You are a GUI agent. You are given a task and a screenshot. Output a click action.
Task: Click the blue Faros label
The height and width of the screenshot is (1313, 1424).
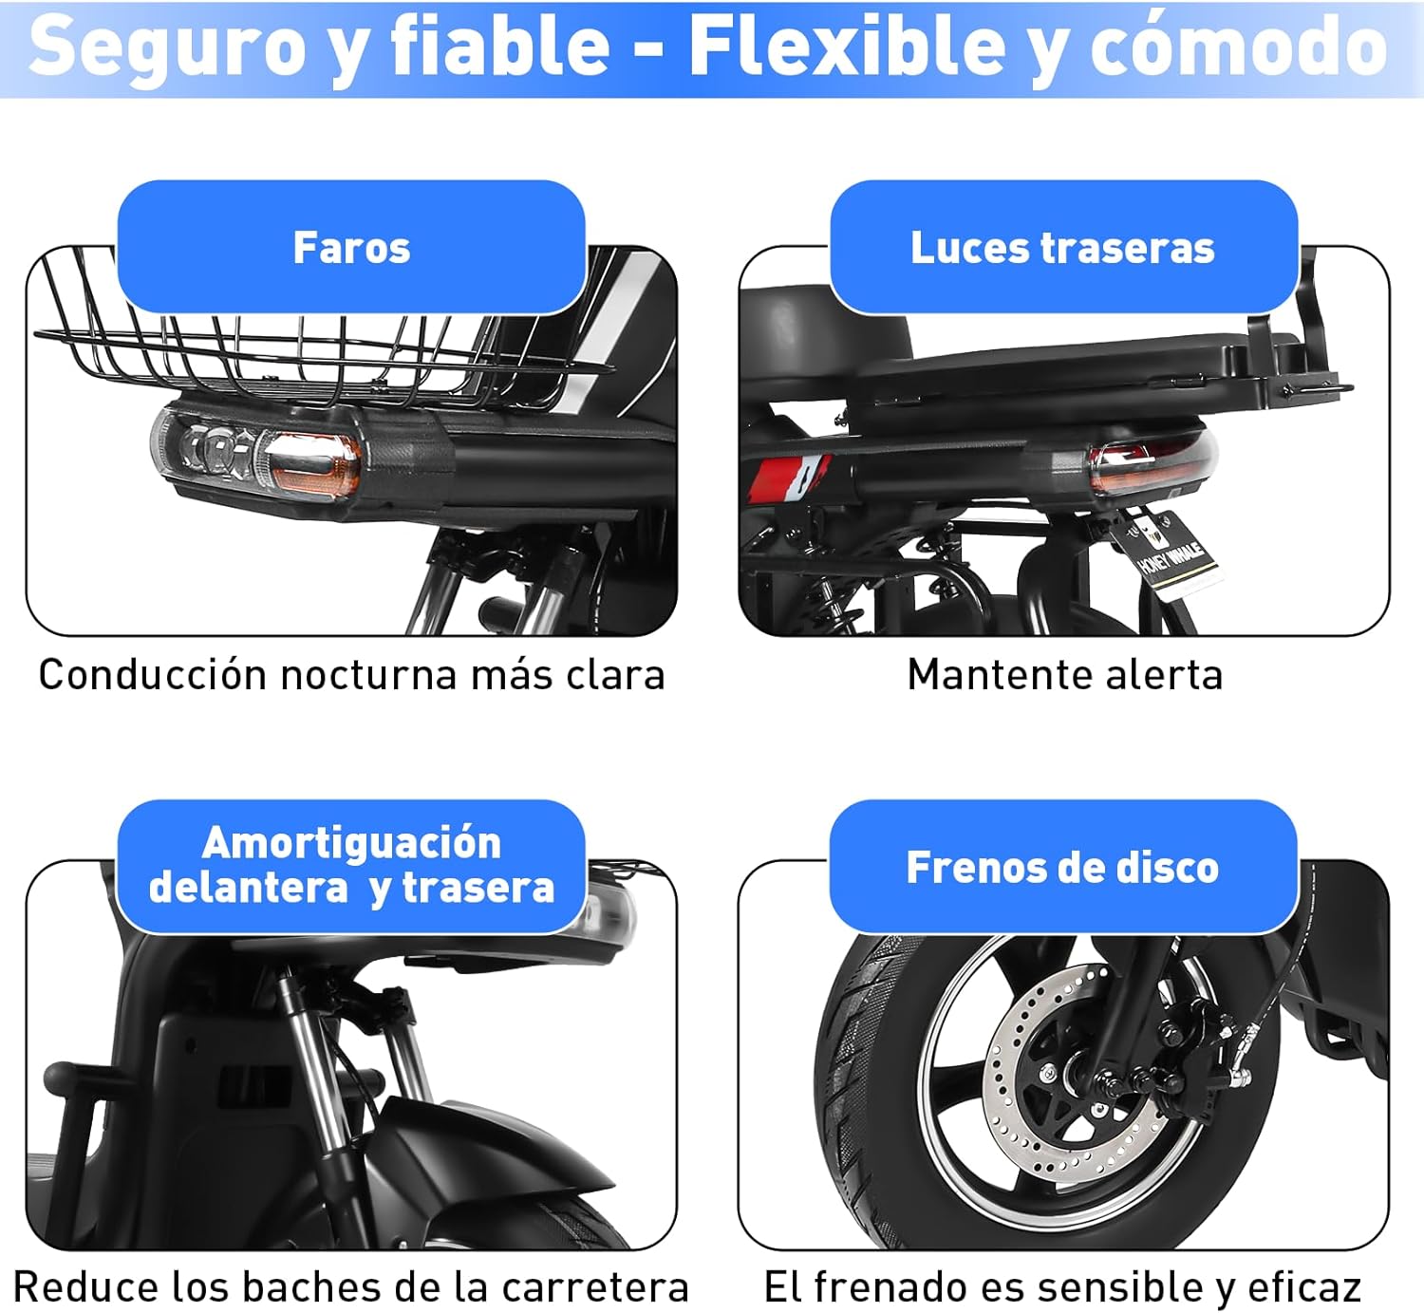351,247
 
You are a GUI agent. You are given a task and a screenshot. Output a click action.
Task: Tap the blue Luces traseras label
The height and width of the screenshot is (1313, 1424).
1063,247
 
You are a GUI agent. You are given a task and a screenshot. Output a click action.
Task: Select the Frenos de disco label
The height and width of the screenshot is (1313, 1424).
1063,867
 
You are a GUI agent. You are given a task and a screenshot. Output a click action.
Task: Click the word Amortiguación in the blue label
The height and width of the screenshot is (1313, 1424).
351,842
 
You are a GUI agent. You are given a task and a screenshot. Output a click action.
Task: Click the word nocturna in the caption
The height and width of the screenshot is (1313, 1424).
368,676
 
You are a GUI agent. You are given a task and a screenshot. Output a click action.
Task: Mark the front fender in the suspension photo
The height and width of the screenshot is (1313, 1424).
495,1154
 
